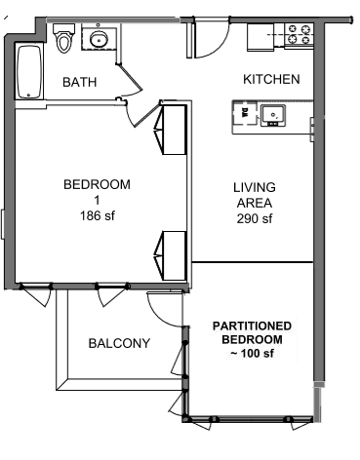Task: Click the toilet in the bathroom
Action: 62,38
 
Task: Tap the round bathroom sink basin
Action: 98,40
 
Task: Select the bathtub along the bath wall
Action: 29,72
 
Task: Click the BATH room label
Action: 80,82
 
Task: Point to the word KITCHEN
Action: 271,79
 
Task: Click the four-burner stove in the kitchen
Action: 300,35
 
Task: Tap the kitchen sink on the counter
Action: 273,115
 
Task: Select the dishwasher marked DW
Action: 244,113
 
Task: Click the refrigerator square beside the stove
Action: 260,37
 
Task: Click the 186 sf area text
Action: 98,215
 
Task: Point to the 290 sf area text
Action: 255,218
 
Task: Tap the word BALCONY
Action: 119,343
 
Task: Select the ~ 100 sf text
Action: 252,353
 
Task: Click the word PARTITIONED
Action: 252,326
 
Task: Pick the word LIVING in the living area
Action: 255,187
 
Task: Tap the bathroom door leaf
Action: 131,77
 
